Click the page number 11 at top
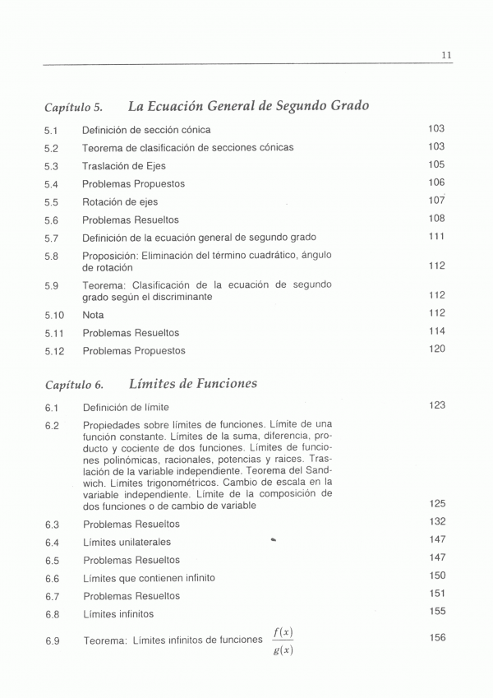446,55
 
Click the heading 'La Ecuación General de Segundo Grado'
248,106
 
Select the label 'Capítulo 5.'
74,108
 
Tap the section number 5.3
51,166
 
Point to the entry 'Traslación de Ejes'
124,165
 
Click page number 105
436,164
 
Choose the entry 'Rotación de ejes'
120,201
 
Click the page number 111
436,237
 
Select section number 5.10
53,315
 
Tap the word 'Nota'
93,315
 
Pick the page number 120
436,349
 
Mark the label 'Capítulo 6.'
74,385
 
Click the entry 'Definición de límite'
126,408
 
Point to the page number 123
436,405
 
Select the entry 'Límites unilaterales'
127,543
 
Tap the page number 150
437,576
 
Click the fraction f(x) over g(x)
283,641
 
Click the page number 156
437,637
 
